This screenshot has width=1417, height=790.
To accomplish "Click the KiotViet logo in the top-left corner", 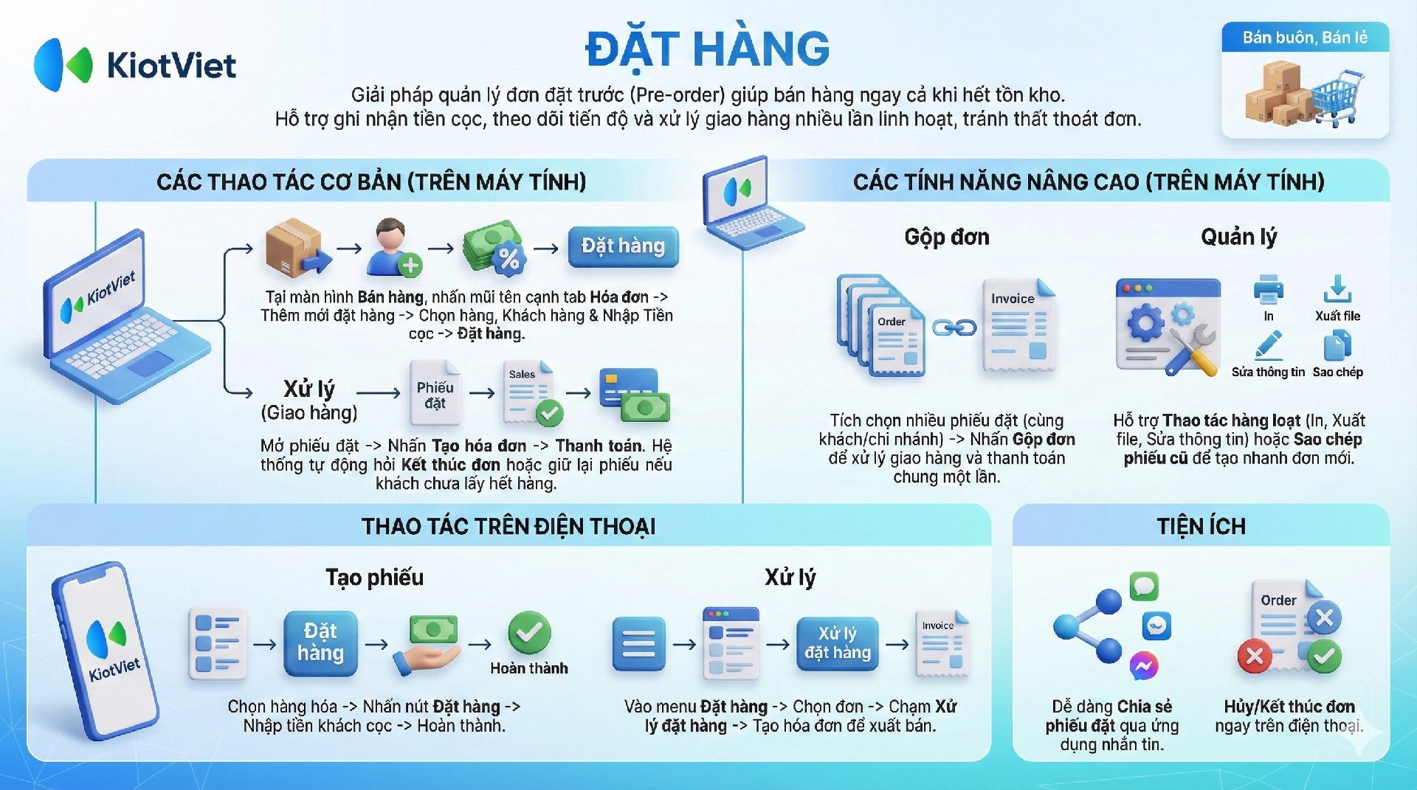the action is click(134, 65).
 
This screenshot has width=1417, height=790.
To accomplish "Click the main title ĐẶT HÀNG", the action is click(707, 49).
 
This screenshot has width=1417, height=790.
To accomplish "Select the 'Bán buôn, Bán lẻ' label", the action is click(1305, 38).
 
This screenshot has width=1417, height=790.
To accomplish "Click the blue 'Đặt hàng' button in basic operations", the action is click(623, 246).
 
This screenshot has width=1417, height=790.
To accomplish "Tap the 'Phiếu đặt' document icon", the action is click(435, 393).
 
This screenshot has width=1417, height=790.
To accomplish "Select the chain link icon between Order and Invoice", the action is click(954, 328).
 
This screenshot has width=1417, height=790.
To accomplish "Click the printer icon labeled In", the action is click(1268, 289).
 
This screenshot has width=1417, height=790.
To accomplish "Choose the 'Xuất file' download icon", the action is click(1337, 289).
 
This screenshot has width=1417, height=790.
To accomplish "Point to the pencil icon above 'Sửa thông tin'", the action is click(1269, 346).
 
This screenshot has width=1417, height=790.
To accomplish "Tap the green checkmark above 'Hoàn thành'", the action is click(529, 632).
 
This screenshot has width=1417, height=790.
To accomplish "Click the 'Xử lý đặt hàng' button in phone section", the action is click(837, 643).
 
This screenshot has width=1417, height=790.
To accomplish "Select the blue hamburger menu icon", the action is click(638, 643).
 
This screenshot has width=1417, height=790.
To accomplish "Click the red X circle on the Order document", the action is click(1255, 656).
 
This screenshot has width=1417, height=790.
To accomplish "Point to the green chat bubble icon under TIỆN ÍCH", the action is click(1144, 586).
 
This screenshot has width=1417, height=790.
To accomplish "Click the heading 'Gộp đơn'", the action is click(947, 238).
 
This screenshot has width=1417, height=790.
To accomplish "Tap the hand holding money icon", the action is click(427, 645).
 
